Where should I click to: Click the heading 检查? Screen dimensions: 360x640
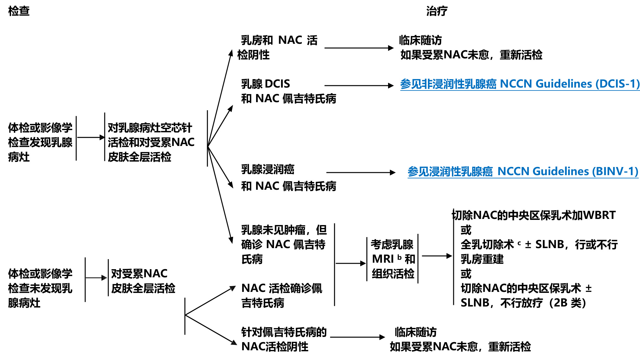click(19, 11)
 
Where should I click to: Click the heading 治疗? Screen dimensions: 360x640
click(436, 11)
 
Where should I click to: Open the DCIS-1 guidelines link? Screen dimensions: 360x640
click(520, 84)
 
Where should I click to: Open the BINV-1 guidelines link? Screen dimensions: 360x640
click(523, 171)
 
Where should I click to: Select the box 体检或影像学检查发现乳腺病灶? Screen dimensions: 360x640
click(40, 142)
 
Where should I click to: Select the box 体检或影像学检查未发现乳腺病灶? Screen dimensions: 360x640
click(40, 288)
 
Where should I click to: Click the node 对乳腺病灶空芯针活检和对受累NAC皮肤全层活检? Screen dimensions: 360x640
click(151, 142)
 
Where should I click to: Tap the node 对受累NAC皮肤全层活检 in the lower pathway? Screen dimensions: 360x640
click(143, 281)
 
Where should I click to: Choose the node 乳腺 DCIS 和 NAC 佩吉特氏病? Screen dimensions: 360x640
click(288, 91)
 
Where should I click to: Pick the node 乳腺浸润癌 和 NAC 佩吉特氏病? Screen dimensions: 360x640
click(288, 178)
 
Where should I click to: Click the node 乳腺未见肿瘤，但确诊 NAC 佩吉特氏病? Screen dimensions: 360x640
click(284, 245)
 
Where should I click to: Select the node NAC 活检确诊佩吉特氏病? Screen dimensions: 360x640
click(281, 295)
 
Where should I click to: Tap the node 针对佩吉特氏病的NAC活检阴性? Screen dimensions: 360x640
click(283, 339)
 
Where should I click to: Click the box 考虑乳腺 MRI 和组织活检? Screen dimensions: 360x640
click(393, 259)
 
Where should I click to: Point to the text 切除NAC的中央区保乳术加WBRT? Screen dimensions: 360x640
click(534, 215)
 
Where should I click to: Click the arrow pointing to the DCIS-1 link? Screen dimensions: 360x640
click(359, 86)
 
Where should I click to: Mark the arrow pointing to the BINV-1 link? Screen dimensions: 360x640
click(360, 173)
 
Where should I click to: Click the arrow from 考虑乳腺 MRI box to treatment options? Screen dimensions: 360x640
click(436, 256)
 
